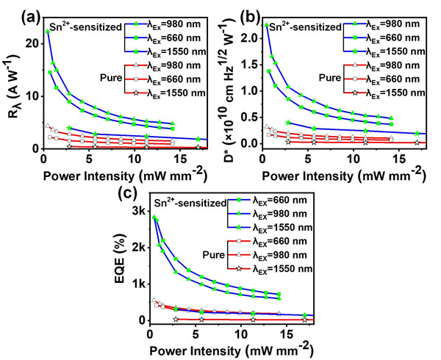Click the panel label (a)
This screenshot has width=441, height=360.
click(15, 12)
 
